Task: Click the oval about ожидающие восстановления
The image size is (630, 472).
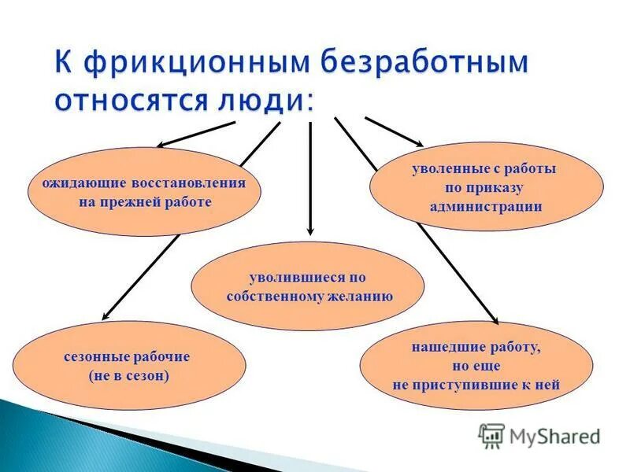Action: [144, 192]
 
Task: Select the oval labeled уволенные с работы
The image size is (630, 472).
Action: [486, 187]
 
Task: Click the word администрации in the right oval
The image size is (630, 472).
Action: [486, 207]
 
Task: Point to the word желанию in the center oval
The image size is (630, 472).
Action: [358, 297]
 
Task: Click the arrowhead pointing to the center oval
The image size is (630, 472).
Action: [310, 231]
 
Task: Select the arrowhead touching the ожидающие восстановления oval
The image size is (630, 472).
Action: [161, 144]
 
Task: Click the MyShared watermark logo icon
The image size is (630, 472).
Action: [491, 434]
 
